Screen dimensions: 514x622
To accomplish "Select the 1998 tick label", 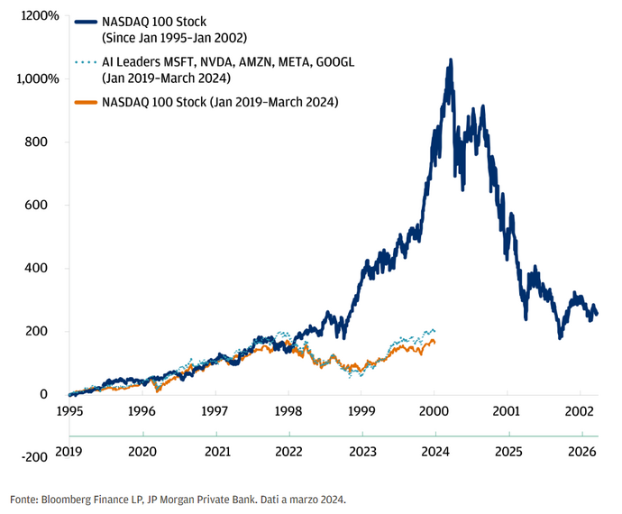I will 288,410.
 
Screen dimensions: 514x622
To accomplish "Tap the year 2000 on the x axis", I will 434,410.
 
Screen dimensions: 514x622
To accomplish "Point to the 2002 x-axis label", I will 580,410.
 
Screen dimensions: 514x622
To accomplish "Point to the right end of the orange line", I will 434,343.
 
